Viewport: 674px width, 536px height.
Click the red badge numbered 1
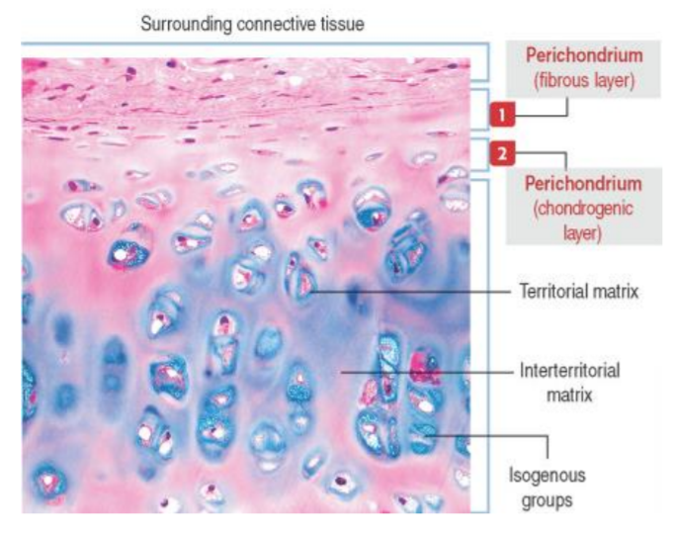point(503,115)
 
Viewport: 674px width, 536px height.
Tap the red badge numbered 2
point(503,153)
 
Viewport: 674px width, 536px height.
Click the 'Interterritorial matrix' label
point(569,382)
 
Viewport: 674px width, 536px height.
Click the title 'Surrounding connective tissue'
point(252,23)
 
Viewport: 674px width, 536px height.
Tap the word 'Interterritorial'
point(569,372)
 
